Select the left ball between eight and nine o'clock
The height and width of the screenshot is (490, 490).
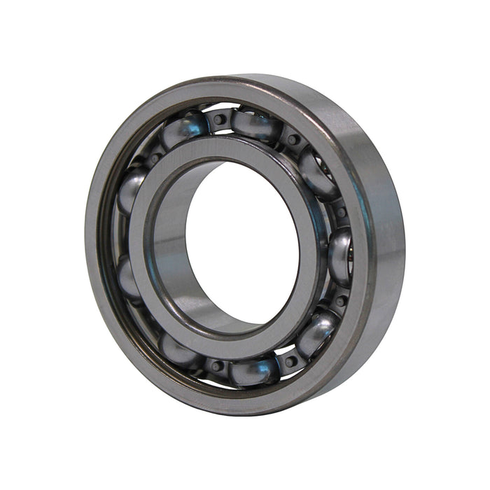(x=128, y=276)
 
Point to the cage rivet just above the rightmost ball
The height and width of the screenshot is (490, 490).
(x=341, y=211)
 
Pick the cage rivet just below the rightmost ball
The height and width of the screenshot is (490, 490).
(x=341, y=301)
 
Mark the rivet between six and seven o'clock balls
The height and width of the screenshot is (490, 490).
(x=217, y=365)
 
